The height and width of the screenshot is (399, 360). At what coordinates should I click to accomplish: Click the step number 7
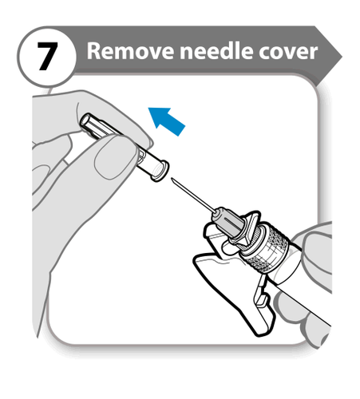(x=47, y=57)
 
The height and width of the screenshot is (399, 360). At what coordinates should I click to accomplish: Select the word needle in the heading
(x=216, y=50)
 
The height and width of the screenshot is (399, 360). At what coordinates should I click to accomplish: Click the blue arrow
(x=166, y=121)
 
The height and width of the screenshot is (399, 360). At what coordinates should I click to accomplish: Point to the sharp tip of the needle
(x=172, y=179)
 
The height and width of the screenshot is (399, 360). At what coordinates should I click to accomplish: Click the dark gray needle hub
(x=228, y=220)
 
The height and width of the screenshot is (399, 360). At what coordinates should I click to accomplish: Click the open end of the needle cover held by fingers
(x=85, y=120)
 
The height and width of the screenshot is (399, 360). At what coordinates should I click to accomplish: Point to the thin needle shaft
(x=192, y=194)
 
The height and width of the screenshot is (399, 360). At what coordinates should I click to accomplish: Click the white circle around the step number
(x=47, y=57)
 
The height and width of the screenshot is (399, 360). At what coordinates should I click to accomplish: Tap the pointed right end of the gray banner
(x=342, y=57)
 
